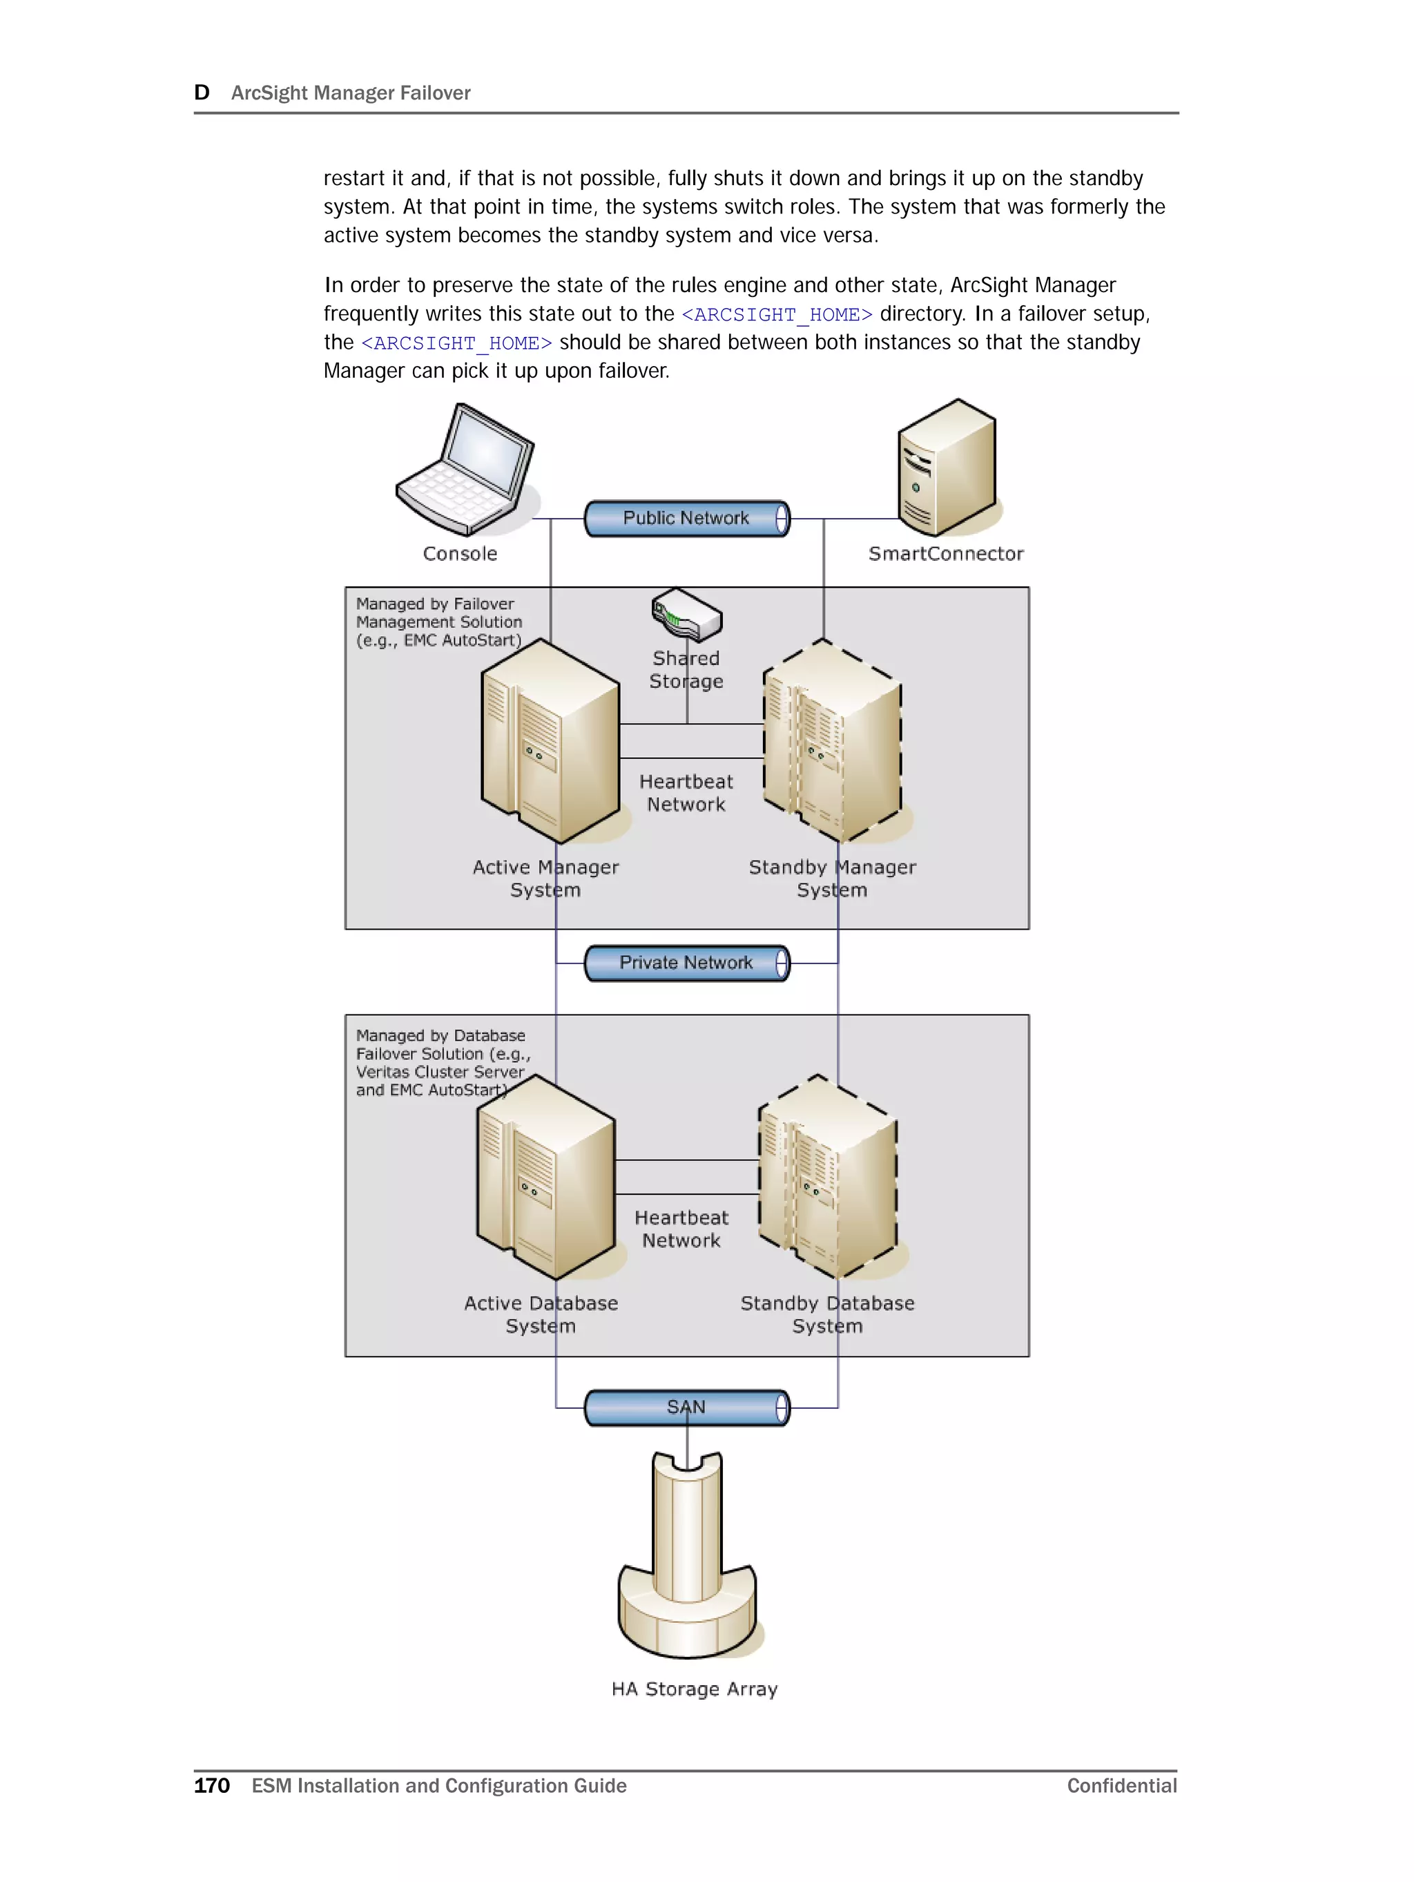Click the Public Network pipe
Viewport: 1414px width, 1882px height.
pos(686,518)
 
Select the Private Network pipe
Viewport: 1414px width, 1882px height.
pos(686,963)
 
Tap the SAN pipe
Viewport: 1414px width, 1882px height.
pos(686,1408)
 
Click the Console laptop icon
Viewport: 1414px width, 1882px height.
pos(465,470)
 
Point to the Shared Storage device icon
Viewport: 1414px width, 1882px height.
pos(686,614)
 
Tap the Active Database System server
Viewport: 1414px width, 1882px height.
pos(545,1178)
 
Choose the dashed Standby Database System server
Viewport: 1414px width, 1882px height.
pos(828,1178)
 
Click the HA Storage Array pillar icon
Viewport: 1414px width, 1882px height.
pos(686,1557)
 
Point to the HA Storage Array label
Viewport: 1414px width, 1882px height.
pos(695,1689)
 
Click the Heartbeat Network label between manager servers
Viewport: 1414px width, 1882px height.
pos(686,793)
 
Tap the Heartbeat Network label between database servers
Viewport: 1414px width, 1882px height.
pos(681,1229)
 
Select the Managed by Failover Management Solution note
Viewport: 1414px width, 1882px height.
pos(438,622)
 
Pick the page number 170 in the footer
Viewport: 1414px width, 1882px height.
pos(212,1785)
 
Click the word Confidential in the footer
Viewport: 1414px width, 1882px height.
pos(1121,1785)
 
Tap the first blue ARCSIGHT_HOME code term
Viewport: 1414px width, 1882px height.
pos(777,315)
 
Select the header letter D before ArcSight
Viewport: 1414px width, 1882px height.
pos(202,93)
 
